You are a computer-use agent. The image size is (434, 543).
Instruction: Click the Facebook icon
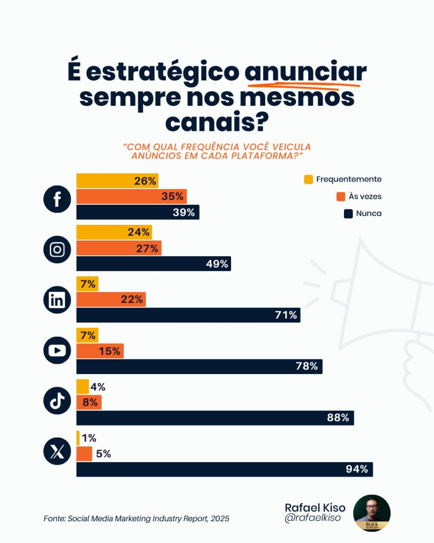point(57,199)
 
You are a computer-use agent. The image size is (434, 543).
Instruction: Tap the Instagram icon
point(57,249)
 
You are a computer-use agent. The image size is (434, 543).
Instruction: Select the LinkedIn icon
point(57,300)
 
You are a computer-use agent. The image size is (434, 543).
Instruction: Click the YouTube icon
point(57,350)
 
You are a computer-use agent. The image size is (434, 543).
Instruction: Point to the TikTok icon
point(57,401)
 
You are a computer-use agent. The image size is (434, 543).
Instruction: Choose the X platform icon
point(57,451)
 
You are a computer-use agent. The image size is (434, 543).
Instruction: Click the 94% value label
point(357,469)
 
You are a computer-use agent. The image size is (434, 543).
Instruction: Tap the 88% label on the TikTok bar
point(338,418)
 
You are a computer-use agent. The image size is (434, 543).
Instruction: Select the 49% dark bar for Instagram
point(154,264)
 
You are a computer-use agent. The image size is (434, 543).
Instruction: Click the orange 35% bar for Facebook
point(131,197)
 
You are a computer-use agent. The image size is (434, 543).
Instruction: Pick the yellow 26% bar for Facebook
point(117,181)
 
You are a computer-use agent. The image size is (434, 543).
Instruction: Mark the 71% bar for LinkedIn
point(188,315)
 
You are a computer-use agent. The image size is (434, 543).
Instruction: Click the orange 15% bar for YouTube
point(100,351)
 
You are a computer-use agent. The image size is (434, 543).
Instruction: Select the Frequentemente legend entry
point(343,179)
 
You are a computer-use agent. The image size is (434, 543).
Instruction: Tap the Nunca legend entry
point(362,213)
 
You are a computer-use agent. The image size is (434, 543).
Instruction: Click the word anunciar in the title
point(305,73)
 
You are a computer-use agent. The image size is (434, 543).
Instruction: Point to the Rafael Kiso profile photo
point(372,513)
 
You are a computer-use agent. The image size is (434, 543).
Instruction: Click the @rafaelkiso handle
point(314,519)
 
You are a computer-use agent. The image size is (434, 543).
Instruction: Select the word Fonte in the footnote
point(54,519)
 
